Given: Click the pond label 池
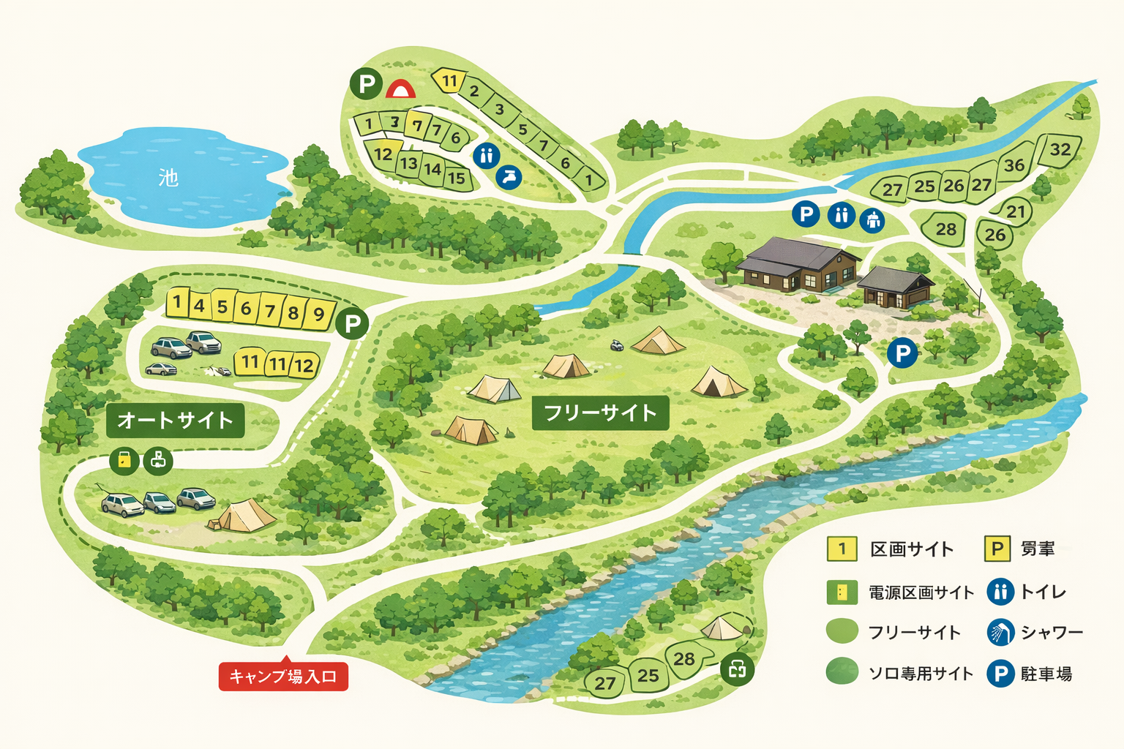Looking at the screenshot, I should pos(168,178).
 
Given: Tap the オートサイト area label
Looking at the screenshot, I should pos(175,420).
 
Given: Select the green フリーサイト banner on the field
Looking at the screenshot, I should pos(600,413).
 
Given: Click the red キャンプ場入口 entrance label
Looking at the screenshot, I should pos(283,677).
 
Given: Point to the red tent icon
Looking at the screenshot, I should pos(400,89).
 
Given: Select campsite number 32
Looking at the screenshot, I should pos(1060,150).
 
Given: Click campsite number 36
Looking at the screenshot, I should pos(1014,165).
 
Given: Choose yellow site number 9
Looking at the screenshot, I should pos(318,315).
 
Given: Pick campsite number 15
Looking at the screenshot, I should pos(457,178).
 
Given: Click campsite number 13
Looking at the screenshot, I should pos(408,163).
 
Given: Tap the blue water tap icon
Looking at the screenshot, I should pos(509,176).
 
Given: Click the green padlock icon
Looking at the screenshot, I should pos(124,461).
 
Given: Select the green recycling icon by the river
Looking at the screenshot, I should pos(737,668).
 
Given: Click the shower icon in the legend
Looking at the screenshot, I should pos(1000,632).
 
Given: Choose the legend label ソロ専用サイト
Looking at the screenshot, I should pos(921,674).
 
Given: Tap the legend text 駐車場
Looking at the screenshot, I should pos(1046,674).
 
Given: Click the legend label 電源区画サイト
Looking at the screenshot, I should pos(921,592).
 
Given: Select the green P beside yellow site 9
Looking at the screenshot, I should pos(352,323).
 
